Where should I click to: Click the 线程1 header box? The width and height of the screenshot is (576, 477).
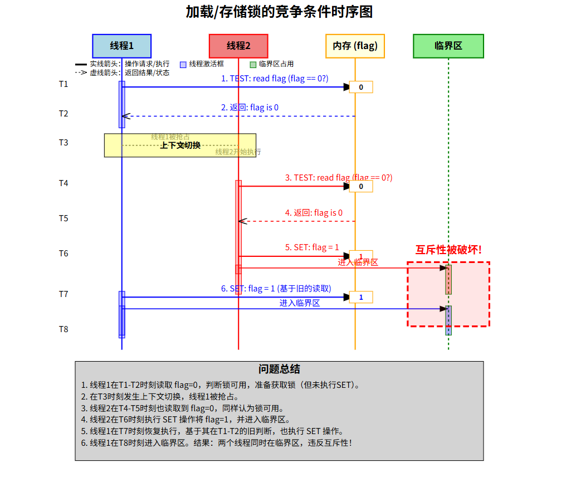pos(121,46)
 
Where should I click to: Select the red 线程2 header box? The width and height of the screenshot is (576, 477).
pos(238,46)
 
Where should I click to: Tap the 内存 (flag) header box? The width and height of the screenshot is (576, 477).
pos(355,46)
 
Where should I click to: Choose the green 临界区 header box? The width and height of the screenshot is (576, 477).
pos(448,46)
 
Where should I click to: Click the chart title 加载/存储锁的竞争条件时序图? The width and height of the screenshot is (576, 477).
pos(279,11)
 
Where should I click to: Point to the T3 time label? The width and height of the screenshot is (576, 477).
pos(64,143)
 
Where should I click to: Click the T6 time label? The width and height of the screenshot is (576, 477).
pos(64,254)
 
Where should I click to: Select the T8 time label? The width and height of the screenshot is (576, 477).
pos(64,329)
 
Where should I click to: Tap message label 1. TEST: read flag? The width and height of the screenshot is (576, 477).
pos(275,79)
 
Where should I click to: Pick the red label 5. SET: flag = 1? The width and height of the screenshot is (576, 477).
pos(312,247)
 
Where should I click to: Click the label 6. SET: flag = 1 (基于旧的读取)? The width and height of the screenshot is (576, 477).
pos(276,289)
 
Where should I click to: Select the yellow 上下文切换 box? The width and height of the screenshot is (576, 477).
pos(180,145)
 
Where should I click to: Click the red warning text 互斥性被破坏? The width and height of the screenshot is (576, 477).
pos(448,250)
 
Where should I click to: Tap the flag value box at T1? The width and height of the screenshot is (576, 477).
pos(361,87)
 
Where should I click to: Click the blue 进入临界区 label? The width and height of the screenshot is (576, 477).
pos(300,303)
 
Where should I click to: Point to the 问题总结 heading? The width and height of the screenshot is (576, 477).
pos(279,369)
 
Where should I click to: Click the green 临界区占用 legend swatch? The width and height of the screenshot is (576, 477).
pos(253,65)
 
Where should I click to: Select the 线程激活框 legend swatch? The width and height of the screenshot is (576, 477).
pos(183,65)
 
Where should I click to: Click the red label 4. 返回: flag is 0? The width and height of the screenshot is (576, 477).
pos(314,213)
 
